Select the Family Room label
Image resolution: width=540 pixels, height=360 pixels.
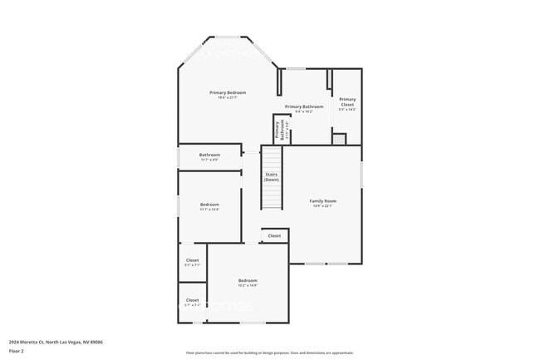(x=323, y=200)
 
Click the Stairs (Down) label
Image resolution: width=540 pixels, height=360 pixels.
(x=272, y=176)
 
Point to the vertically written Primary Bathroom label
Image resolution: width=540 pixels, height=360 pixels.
(x=282, y=129)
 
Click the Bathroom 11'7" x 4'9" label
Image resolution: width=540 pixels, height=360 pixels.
(x=209, y=155)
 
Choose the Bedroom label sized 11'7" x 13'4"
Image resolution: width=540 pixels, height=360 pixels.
(x=209, y=205)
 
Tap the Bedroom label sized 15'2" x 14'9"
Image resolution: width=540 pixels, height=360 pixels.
(x=248, y=280)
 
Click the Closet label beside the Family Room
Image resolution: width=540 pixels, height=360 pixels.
(x=274, y=236)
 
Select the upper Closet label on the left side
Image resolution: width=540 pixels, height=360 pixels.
(x=192, y=260)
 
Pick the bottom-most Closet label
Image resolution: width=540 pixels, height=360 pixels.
(x=192, y=300)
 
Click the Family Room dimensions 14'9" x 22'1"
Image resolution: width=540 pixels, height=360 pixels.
(x=323, y=206)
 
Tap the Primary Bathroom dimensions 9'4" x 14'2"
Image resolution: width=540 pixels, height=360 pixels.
(x=304, y=111)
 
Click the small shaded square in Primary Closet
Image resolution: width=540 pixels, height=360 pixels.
(x=339, y=139)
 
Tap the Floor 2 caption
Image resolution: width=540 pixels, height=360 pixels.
(x=16, y=350)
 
